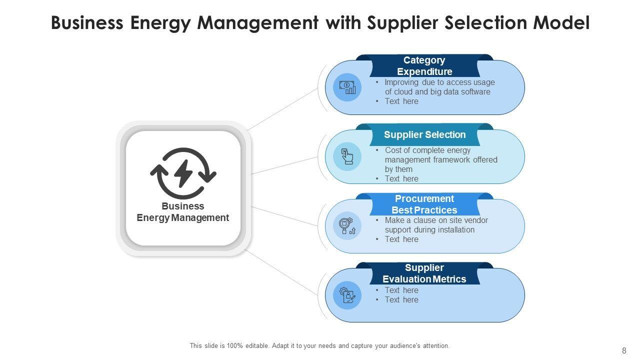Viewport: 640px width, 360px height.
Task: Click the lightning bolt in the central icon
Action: point(183,172)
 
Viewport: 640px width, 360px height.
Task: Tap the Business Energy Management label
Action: point(183,212)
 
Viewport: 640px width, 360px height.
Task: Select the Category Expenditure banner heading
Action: point(424,66)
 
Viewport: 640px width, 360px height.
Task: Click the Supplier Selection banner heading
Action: point(424,134)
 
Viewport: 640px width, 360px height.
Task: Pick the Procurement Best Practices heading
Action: point(424,204)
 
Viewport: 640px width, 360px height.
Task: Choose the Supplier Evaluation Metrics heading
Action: point(424,273)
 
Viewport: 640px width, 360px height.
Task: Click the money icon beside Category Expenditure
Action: point(347,87)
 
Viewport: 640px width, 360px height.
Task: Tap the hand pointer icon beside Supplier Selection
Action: point(347,156)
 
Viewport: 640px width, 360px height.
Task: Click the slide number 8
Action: point(624,350)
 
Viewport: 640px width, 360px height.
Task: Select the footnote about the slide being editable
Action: point(319,345)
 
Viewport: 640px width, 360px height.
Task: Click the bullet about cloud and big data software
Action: point(437,87)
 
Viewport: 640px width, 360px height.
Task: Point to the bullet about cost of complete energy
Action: point(440,159)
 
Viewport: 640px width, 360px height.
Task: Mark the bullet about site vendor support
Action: point(435,225)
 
